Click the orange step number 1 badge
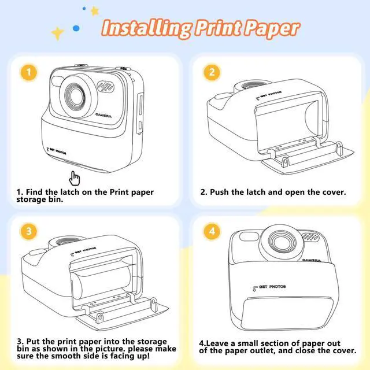click(28, 72)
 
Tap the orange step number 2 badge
click(212, 72)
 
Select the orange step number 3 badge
click(28, 231)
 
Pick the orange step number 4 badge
click(212, 231)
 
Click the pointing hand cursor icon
click(75, 179)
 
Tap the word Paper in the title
click(271, 29)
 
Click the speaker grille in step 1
click(106, 87)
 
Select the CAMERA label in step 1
click(103, 116)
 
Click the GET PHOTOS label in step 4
click(269, 287)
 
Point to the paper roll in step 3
click(102, 282)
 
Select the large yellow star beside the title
click(57, 34)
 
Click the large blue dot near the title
click(76, 28)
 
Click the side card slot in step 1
click(140, 105)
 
